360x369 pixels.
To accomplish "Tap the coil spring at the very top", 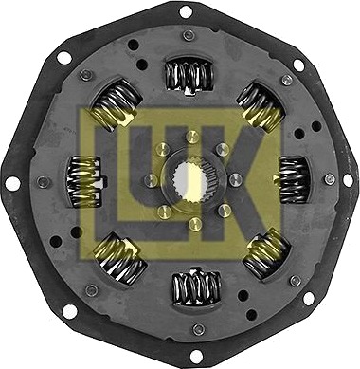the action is click(189, 76).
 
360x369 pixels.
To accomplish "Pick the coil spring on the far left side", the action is click(84, 182).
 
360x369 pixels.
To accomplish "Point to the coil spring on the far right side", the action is click(293, 179).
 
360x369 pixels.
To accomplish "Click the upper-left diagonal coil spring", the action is click(116, 103).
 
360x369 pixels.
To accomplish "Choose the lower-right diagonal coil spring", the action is click(266, 253).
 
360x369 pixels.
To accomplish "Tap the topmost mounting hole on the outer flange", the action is click(186, 12).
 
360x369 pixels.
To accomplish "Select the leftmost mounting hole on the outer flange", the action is click(13, 184).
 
